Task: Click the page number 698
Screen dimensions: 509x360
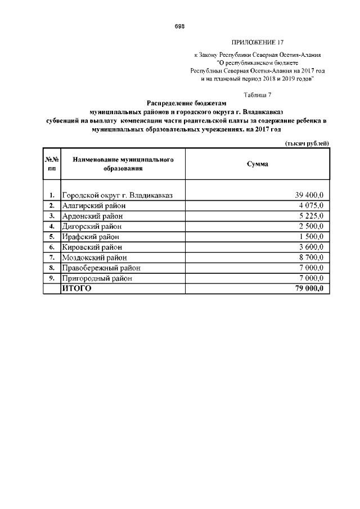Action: click(x=180, y=26)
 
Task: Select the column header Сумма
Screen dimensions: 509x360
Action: click(x=258, y=164)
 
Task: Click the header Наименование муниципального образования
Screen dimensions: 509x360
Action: click(x=123, y=164)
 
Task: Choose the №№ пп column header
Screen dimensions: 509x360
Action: click(x=52, y=164)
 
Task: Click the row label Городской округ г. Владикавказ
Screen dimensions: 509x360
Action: click(x=117, y=195)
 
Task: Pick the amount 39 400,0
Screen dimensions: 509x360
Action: click(x=309, y=195)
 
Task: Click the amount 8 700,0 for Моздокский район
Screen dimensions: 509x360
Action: click(x=311, y=257)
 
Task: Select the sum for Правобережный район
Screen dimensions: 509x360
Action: click(x=311, y=268)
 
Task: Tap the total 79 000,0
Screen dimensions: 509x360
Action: click(x=309, y=289)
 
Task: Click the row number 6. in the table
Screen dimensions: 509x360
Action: click(x=51, y=247)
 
